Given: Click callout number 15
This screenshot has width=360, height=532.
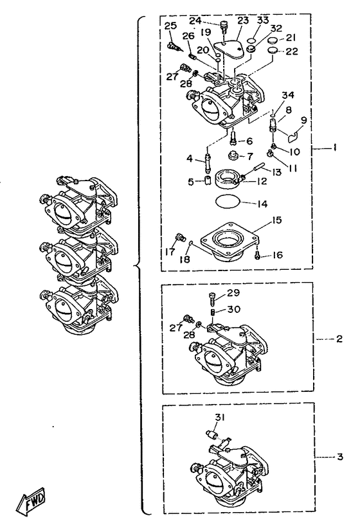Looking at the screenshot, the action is pos(277,220).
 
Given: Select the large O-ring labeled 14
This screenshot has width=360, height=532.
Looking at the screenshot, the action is pos(228,201).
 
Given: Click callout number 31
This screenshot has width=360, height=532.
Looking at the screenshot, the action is pos(219,417).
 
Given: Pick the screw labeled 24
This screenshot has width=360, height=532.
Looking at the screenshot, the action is pos(224,26).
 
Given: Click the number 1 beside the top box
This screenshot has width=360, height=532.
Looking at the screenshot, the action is pos(334,148).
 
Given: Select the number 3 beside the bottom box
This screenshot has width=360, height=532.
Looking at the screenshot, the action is pos(340,457).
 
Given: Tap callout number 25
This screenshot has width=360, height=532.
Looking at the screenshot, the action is pos(172,26).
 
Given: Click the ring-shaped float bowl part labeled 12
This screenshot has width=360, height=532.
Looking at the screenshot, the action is pos(226,179).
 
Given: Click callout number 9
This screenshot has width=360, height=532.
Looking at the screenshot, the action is pos(303,120).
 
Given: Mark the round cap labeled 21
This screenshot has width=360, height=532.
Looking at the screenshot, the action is pos(271,40).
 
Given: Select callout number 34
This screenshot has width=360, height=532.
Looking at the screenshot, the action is pos(288,95).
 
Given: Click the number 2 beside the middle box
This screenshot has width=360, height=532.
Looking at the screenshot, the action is pos(339,339).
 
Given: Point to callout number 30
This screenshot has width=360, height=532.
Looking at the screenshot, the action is pos(233,309).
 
